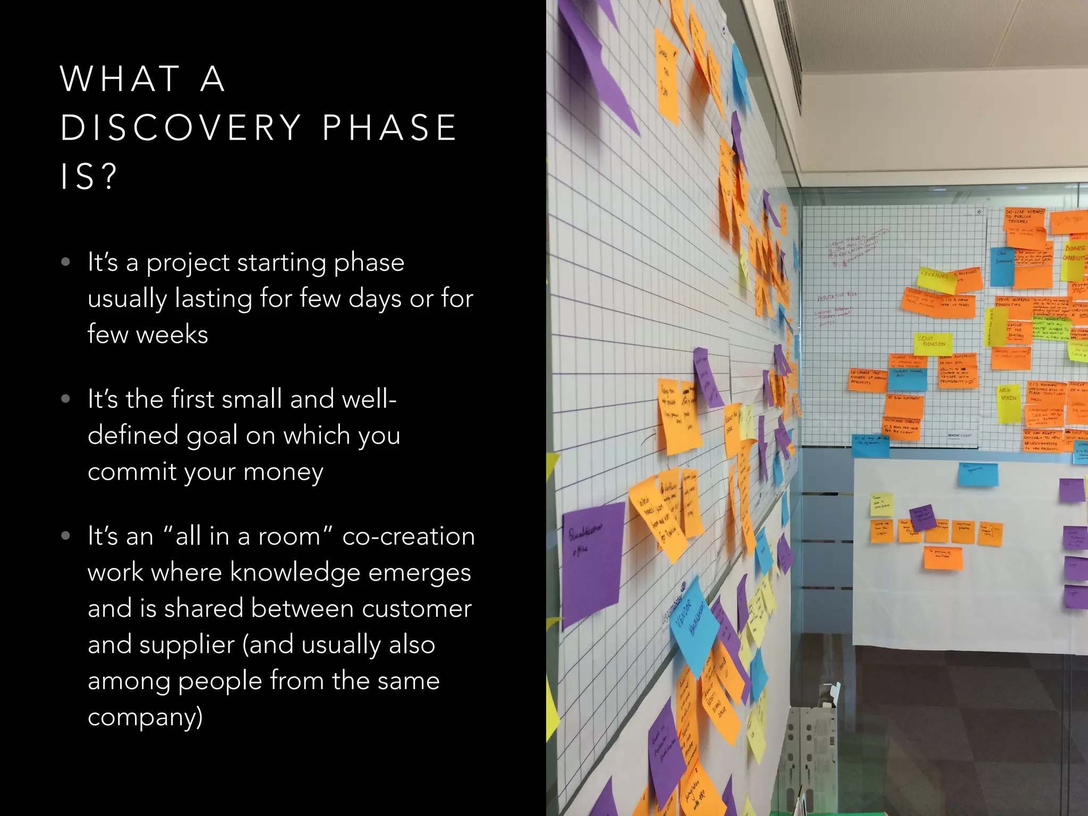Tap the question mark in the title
click(109, 176)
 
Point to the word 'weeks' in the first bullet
click(172, 335)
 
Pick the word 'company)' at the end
click(145, 717)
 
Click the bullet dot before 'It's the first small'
click(66, 398)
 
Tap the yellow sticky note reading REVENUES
click(936, 278)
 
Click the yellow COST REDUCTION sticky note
click(932, 343)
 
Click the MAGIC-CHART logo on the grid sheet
click(959, 435)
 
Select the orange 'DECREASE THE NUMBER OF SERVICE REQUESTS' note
click(867, 379)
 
